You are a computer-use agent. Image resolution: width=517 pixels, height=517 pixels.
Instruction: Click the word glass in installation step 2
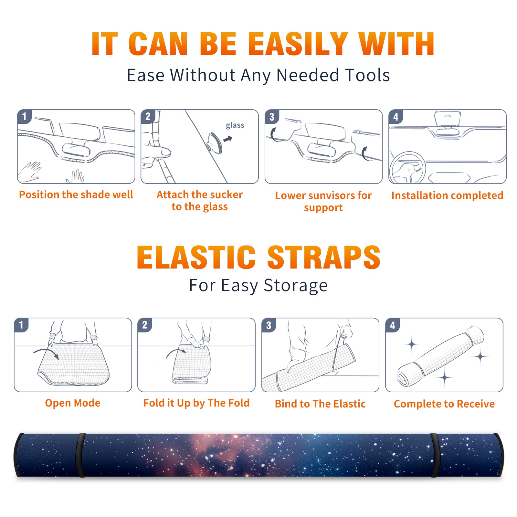pos(235,125)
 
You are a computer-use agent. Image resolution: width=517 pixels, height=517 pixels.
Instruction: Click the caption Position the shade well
pos(76,195)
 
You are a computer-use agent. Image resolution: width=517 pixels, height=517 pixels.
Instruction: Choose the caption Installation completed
pos(447,195)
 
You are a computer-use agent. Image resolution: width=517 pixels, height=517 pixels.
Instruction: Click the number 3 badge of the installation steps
pos(272,117)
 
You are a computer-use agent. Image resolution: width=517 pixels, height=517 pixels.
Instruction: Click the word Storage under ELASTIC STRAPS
pos(296,286)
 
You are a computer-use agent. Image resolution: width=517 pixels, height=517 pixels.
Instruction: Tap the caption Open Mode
pos(73,403)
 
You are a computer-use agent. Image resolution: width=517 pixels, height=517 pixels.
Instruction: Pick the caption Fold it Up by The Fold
pos(196,403)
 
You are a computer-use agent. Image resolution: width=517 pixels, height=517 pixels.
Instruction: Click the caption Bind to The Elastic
pos(320,404)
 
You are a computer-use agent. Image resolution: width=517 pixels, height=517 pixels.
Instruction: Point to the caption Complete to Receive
pos(444,404)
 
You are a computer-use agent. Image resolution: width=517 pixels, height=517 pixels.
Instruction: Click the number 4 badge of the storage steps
pos(393,325)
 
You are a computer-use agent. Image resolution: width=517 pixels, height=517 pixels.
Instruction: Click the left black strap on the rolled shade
pos(80,455)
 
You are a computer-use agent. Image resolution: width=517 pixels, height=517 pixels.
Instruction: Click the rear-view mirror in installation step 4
pos(447,119)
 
